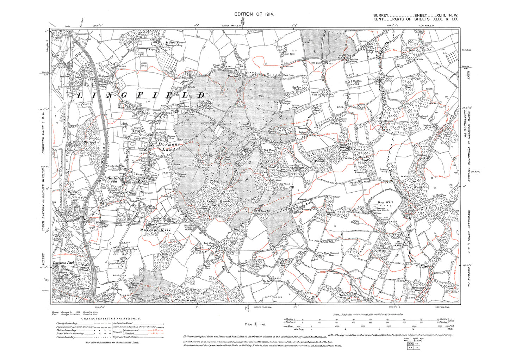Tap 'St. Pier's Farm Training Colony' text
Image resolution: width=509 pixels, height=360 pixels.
point(174,44)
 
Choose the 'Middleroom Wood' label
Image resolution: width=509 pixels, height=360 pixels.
point(386,122)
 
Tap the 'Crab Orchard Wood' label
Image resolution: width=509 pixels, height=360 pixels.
point(84,268)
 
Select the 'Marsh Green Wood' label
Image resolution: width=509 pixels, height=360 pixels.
point(411,49)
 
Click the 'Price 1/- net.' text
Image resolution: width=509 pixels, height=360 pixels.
point(255,324)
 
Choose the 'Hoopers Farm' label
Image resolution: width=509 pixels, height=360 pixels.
point(343,120)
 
